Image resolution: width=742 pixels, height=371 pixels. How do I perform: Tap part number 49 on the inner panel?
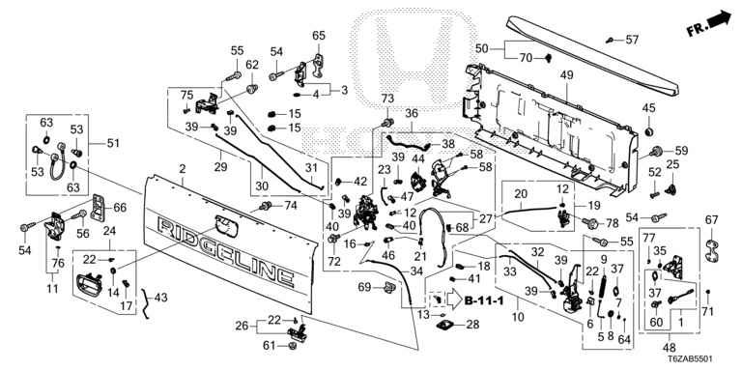point(566,74)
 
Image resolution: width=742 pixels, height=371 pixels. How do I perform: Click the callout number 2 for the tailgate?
point(183,169)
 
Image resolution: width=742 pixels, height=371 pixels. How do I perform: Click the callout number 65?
point(319,35)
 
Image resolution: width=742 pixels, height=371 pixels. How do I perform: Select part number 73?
point(387,99)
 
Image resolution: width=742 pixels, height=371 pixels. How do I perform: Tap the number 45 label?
point(648,108)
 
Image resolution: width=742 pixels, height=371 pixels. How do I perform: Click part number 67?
point(711,220)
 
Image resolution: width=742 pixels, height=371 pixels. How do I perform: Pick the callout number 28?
point(472,325)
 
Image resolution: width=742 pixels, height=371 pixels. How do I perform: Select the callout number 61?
point(269,347)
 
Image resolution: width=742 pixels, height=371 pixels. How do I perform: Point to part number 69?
point(364,287)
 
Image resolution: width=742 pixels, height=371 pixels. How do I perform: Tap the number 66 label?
point(120,207)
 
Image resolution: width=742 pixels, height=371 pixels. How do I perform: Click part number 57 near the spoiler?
point(632,40)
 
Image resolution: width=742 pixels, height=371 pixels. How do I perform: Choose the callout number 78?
point(612,222)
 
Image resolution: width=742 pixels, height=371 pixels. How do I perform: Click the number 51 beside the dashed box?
point(114,143)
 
